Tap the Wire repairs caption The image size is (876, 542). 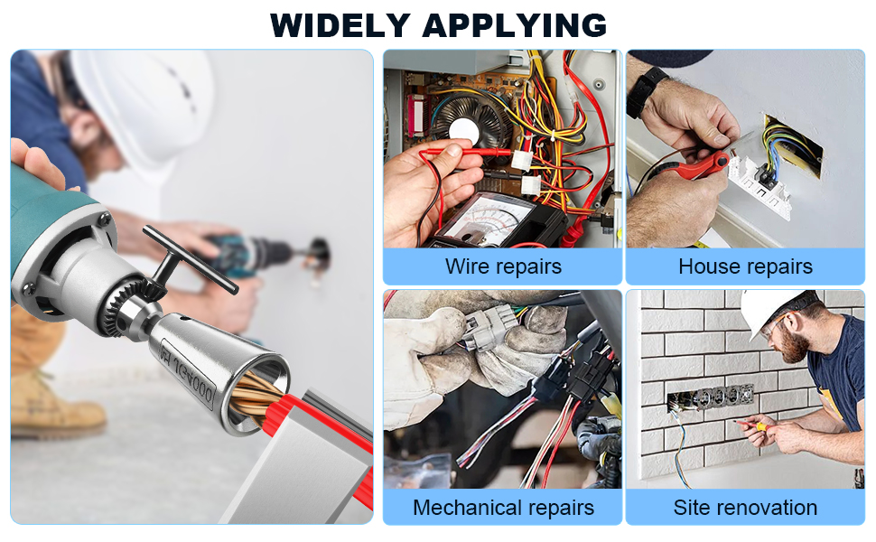(503, 266)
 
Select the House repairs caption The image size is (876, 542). (745, 266)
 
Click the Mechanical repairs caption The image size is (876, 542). (503, 508)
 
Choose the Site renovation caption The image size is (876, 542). (745, 508)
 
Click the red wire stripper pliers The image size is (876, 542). (699, 167)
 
